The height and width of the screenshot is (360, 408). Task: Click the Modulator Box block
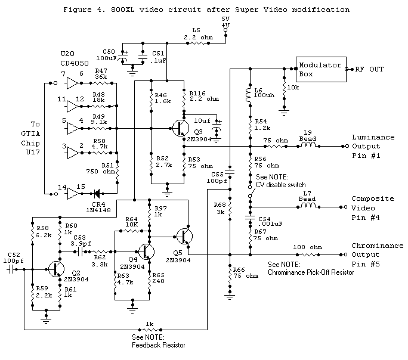[x=320, y=69]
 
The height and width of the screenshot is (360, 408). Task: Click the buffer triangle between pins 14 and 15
[x=73, y=193]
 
